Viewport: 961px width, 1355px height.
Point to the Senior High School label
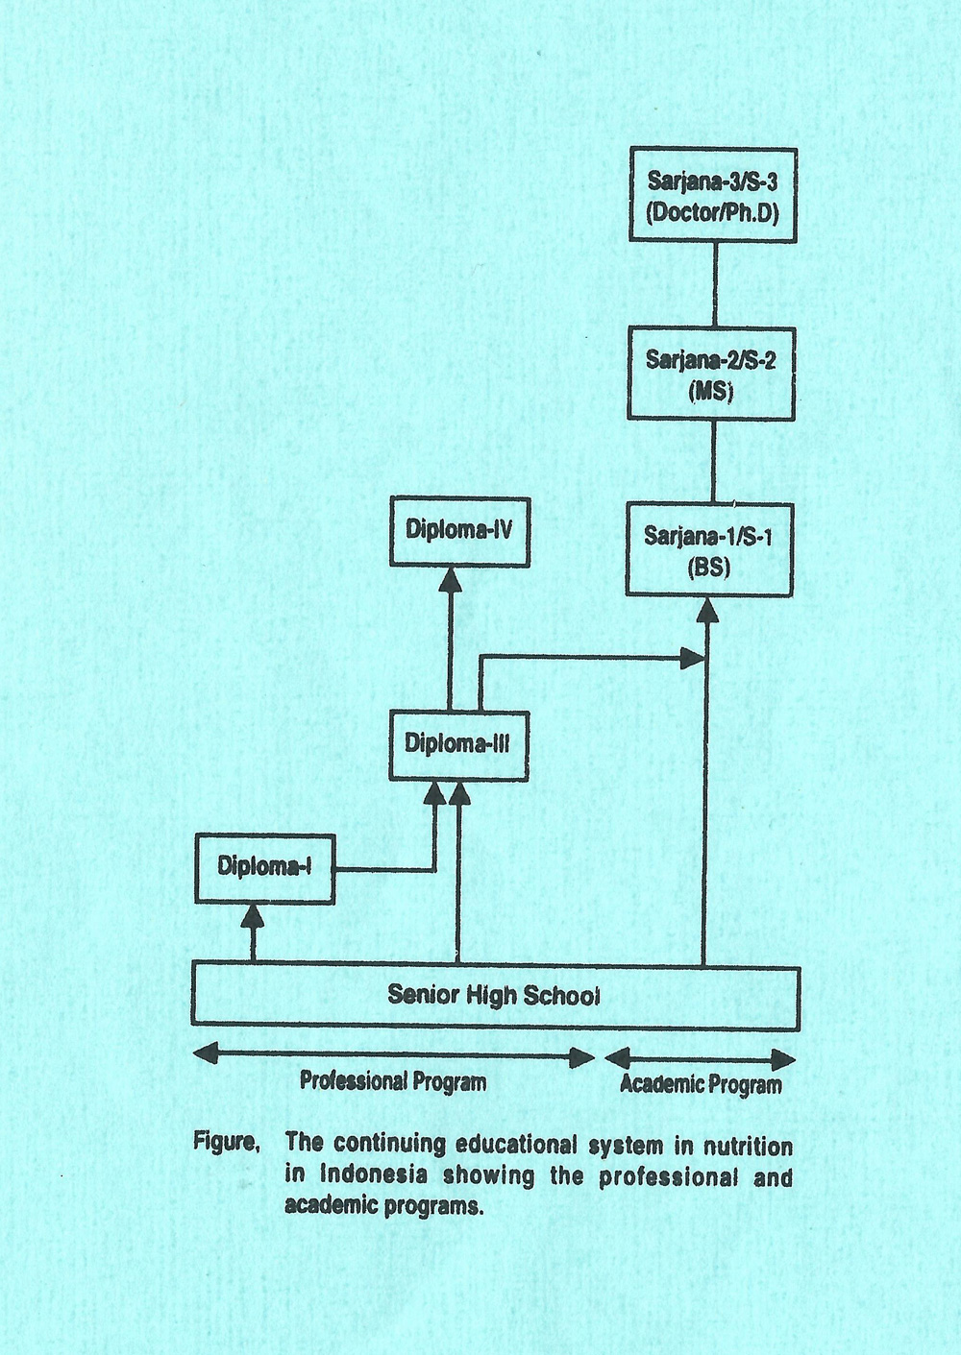pyautogui.click(x=493, y=995)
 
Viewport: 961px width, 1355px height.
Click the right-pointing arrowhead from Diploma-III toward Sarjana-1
pyautogui.click(x=693, y=658)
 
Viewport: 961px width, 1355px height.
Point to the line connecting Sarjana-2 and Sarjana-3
pyautogui.click(x=714, y=285)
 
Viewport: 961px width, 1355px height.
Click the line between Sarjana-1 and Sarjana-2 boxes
pyautogui.click(x=713, y=462)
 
